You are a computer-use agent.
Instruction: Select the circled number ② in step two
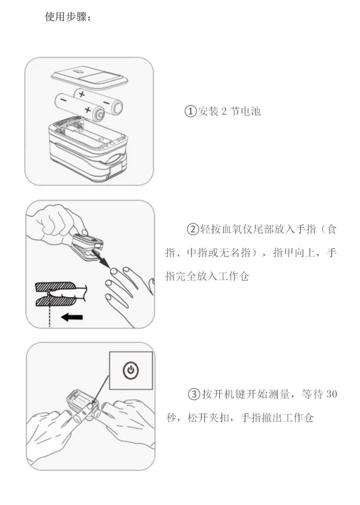point(192,229)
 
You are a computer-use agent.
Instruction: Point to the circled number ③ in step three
point(194,394)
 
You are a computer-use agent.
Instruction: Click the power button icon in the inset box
point(131,370)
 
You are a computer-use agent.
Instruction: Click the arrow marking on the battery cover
point(79,71)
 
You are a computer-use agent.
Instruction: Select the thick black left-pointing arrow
point(72,317)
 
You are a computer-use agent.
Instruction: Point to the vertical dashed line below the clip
point(50,315)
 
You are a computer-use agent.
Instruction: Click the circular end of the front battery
point(100,115)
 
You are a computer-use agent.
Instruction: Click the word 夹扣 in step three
point(219,418)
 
